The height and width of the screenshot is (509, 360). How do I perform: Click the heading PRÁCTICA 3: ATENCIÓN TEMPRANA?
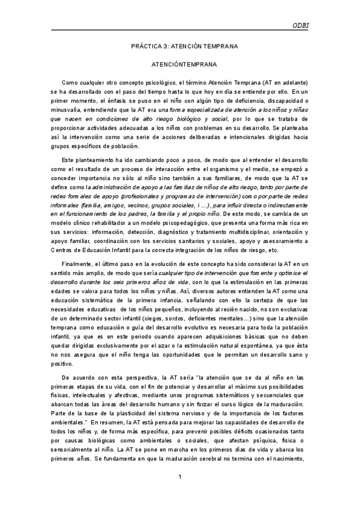coord(185,46)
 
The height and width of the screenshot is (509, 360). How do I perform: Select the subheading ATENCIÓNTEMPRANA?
coord(185,63)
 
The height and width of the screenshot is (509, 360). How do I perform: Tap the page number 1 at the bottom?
coord(180,477)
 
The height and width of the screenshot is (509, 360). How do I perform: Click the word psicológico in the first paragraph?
coord(171,82)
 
